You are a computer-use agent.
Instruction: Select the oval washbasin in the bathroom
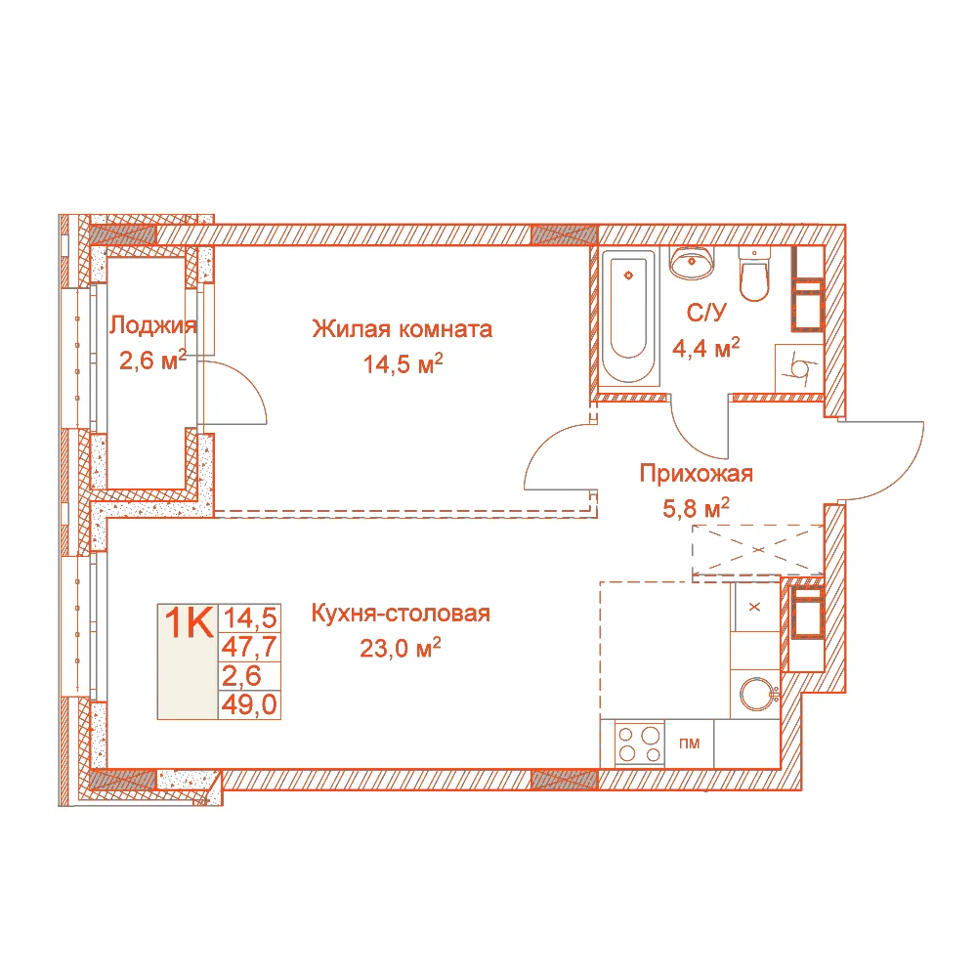[692, 262]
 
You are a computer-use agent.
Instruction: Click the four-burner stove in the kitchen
[639, 743]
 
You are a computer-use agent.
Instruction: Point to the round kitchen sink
[758, 694]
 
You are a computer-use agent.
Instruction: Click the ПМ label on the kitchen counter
[689, 743]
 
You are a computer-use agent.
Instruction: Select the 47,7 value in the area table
[249, 647]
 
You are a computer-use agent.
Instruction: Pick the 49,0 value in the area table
[249, 704]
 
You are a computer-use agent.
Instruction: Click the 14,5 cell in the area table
[250, 618]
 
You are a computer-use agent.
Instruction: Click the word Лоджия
[153, 324]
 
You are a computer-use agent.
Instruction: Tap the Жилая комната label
[402, 328]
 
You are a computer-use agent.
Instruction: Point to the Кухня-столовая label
[401, 614]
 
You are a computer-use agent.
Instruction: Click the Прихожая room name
[696, 474]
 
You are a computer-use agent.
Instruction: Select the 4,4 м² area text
[706, 348]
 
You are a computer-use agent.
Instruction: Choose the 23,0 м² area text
[400, 648]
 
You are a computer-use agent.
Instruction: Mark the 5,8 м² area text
[696, 508]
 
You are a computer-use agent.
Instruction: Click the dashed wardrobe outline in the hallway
[758, 550]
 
